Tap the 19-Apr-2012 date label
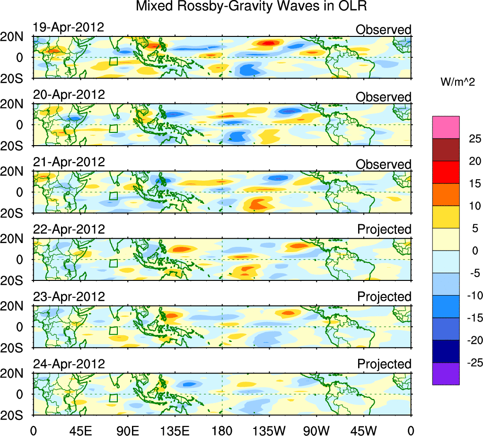click(69, 27)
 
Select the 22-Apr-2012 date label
click(69, 229)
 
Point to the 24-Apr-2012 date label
click(69, 364)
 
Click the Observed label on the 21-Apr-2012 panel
click(384, 165)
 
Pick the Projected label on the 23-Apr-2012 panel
click(384, 297)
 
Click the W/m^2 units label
click(457, 82)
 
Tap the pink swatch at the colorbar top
click(446, 127)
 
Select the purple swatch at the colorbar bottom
click(446, 374)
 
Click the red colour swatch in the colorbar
click(446, 172)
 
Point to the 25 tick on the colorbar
click(474, 139)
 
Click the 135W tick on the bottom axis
click(269, 430)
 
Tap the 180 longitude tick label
click(222, 430)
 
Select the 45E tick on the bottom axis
click(80, 430)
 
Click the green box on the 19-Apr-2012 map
click(113, 61)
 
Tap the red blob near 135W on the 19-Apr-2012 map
click(268, 44)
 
